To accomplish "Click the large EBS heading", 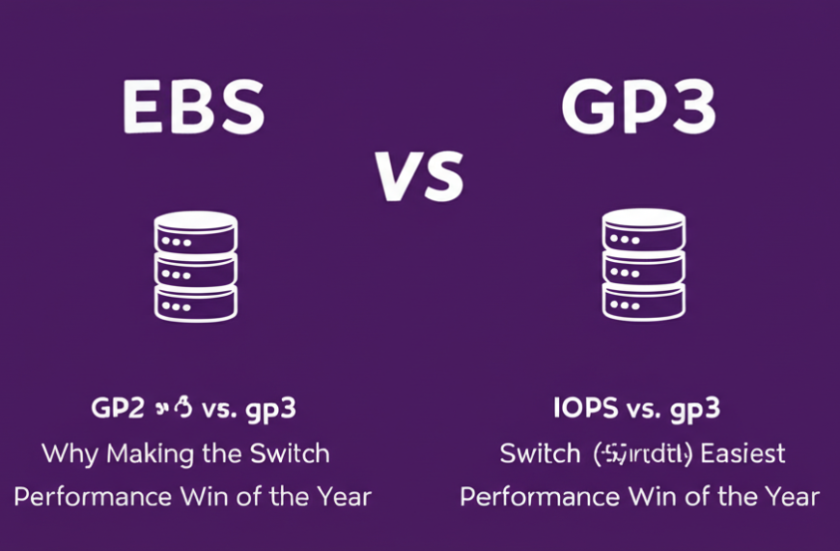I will [194, 108].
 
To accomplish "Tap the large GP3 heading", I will [638, 108].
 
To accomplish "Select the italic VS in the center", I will [419, 176].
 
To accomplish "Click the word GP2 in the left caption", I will [117, 408].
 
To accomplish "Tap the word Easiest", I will [743, 452].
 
